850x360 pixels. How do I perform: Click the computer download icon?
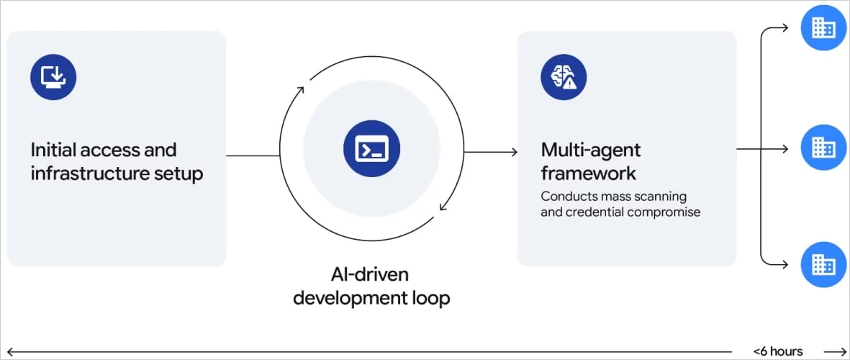point(53,77)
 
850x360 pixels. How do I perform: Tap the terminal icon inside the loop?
point(372,148)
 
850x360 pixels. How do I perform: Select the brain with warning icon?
point(564,77)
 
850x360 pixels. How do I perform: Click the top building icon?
point(824,27)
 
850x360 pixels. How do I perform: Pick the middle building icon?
point(824,147)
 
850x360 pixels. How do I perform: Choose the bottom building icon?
point(824,264)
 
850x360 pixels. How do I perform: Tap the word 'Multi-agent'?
point(590,150)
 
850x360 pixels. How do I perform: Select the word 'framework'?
point(588,174)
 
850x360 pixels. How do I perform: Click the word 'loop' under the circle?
point(432,299)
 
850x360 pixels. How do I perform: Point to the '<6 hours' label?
point(777,351)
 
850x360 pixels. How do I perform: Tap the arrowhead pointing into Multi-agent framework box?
point(514,152)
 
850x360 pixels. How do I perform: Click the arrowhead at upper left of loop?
point(300,89)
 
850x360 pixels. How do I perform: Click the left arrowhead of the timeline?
point(9,352)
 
